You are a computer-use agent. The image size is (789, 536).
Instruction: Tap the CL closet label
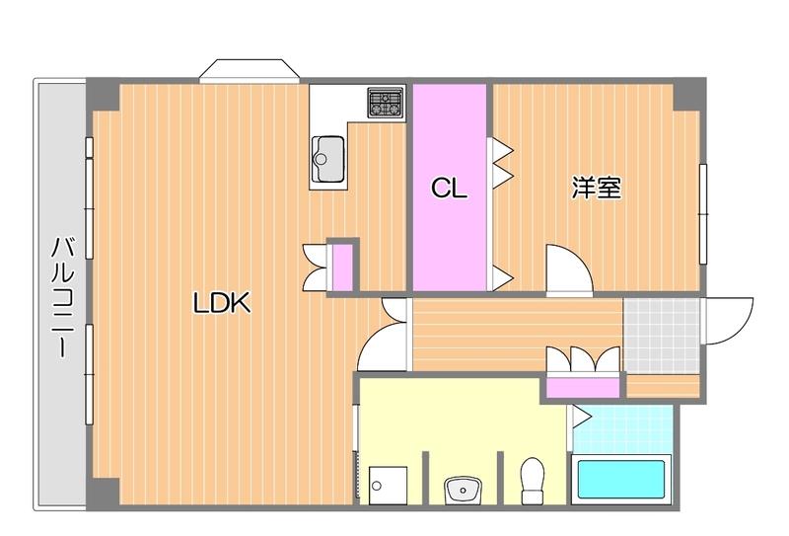pyautogui.click(x=449, y=188)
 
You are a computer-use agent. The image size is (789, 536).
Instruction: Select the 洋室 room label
pyautogui.click(x=596, y=188)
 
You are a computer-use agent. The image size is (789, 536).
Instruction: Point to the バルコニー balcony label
pyautogui.click(x=61, y=296)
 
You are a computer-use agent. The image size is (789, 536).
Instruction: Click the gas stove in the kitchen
pyautogui.click(x=386, y=103)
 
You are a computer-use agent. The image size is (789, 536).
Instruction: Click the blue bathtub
pyautogui.click(x=621, y=480)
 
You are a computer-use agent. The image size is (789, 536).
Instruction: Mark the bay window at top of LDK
pyautogui.click(x=248, y=72)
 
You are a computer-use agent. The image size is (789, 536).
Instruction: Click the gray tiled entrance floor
pyautogui.click(x=661, y=334)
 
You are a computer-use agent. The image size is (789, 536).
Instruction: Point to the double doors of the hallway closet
pyautogui.click(x=584, y=358)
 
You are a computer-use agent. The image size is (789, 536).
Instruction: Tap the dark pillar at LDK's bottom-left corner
pyautogui.click(x=103, y=492)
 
